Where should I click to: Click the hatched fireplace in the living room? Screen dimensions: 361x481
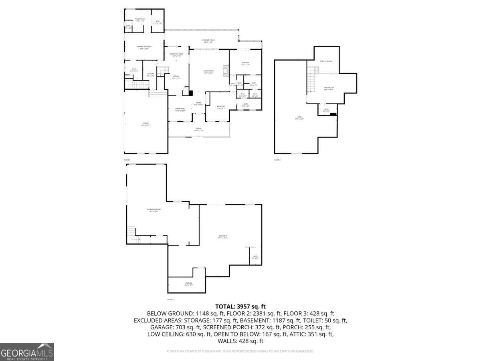pyautogui.click(x=226, y=71)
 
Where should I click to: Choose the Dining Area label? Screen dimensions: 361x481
pyautogui.click(x=180, y=109)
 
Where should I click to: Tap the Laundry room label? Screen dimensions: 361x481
pyautogui.click(x=150, y=74)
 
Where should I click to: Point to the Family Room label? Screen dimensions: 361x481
pyautogui.click(x=329, y=88)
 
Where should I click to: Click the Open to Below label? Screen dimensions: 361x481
pyautogui.click(x=326, y=61)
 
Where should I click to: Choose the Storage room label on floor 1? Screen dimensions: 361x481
pyautogui.click(x=188, y=284)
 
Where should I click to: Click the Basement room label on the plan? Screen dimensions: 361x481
pyautogui.click(x=223, y=236)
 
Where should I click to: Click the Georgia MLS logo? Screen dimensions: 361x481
pyautogui.click(x=27, y=352)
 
